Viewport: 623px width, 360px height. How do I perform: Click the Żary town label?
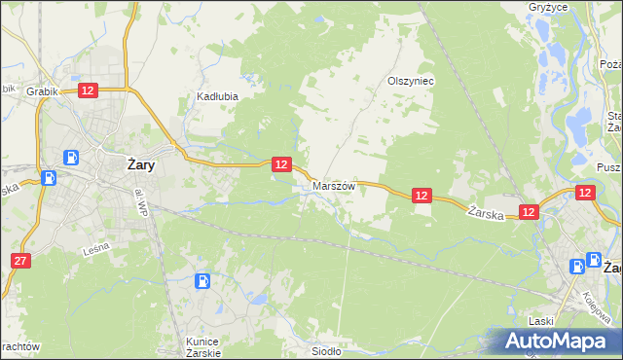142,165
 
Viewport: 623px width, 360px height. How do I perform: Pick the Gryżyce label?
576,7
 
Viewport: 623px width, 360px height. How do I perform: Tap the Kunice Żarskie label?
204,346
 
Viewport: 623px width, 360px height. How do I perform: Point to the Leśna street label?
95,249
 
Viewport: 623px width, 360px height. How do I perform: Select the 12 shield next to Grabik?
88,90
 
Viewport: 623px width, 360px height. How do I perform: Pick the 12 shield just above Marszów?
280,164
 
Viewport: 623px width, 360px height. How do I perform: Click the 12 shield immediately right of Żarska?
529,211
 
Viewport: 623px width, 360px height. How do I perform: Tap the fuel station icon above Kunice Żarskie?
202,282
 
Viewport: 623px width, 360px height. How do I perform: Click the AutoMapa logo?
558,341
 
